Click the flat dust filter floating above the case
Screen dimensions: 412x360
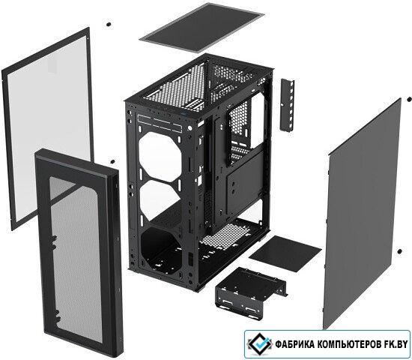click(x=202, y=27)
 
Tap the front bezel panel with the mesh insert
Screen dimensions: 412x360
click(x=79, y=250)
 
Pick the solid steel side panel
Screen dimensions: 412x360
click(x=362, y=213)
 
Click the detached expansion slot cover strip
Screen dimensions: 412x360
click(x=287, y=105)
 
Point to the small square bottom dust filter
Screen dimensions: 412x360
click(x=285, y=253)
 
